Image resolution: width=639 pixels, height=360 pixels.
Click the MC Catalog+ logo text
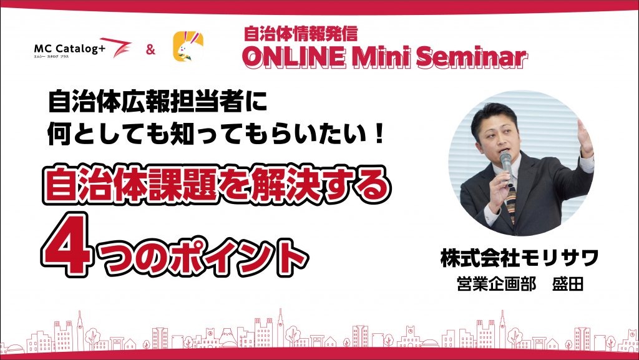tap(70, 49)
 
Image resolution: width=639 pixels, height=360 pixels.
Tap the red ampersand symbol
tap(151, 50)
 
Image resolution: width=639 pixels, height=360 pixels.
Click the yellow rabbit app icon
tap(188, 46)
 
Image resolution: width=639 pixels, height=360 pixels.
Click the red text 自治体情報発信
tap(301, 34)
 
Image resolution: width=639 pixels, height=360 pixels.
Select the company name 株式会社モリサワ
tap(520, 258)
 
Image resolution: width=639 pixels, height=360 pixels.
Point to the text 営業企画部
tap(496, 284)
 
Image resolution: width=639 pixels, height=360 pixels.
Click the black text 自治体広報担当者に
tap(157, 101)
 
